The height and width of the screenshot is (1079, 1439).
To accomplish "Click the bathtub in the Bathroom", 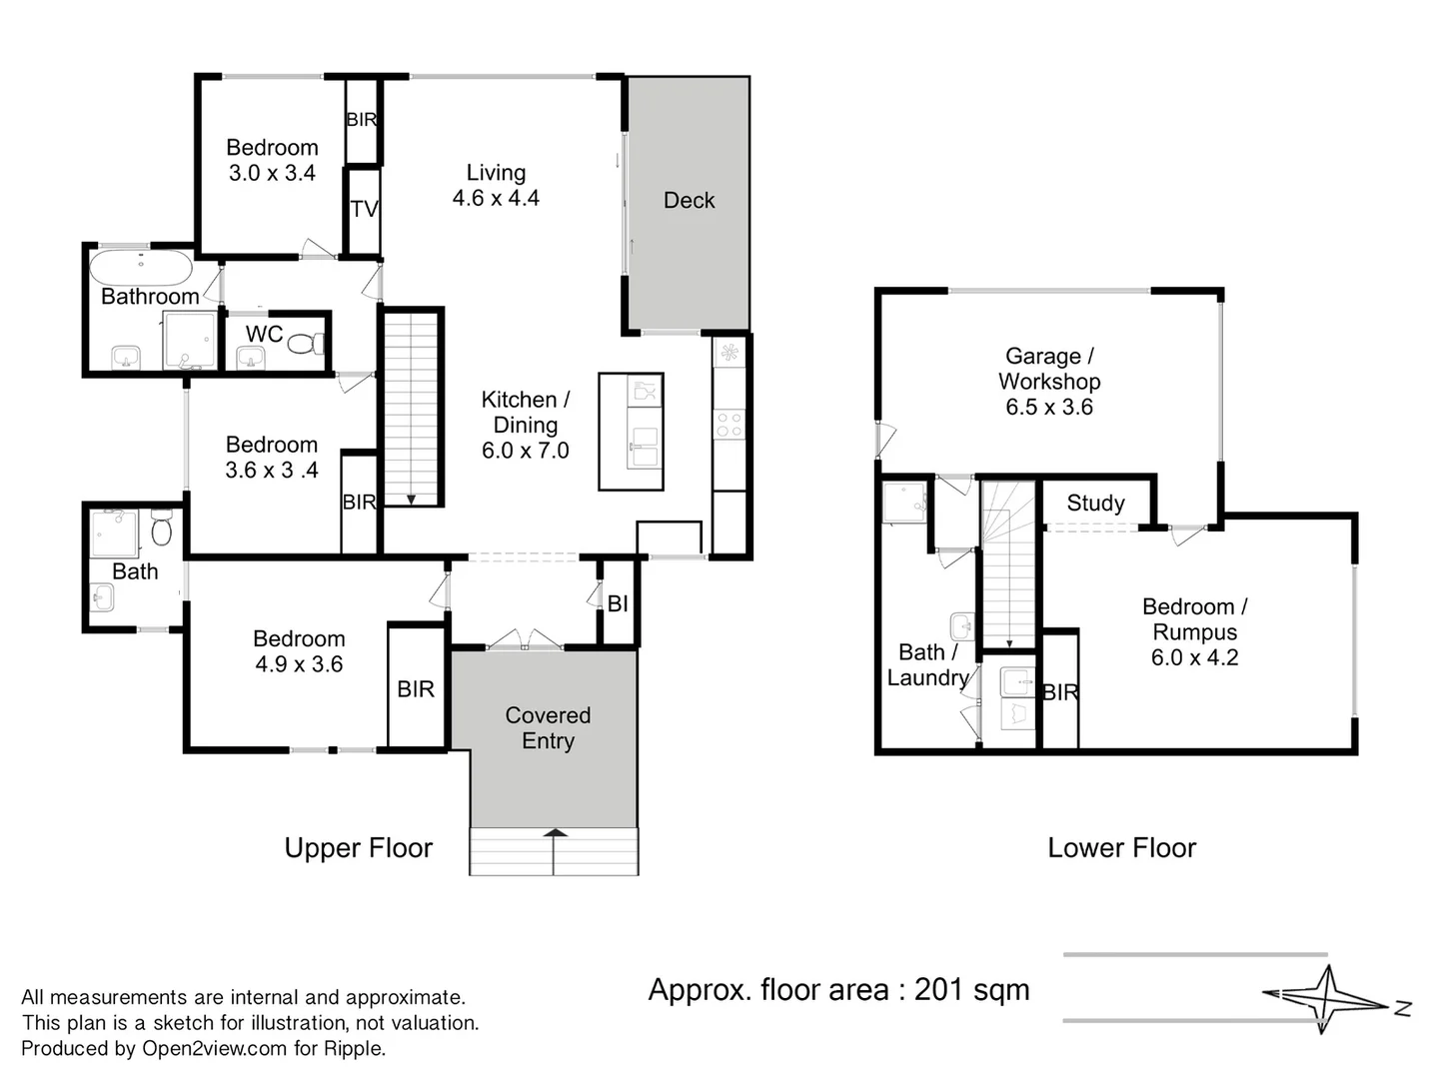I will coord(141,267).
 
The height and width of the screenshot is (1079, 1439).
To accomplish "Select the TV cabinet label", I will coord(364,209).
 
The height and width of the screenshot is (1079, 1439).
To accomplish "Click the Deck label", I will coord(689,201).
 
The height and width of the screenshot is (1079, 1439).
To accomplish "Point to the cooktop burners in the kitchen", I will coord(729,425).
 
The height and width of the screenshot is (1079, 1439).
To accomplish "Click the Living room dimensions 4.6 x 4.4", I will coord(496,198).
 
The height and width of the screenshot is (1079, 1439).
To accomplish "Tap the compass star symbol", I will coord(1326,999).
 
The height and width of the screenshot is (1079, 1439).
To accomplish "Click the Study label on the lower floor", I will coord(1095,503).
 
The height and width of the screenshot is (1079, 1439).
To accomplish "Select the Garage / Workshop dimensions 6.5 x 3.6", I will coord(1049,407).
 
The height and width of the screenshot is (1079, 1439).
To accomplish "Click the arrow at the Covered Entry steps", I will coord(555,833).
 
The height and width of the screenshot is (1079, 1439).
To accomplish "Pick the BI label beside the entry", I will coord(618,603).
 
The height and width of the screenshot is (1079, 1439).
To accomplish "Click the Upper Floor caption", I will coord(358,848).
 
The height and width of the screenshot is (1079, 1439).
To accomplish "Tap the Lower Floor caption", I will coord(1121,848).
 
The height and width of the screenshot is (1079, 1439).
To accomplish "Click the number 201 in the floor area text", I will coord(937,990).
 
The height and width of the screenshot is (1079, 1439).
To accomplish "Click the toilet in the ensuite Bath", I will coord(162,529).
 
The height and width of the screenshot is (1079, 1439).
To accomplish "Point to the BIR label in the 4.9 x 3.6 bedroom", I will coord(416,689).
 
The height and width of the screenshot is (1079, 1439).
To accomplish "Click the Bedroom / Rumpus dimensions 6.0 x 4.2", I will coord(1194,657).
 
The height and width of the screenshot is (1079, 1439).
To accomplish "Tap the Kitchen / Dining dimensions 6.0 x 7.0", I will coord(526,451).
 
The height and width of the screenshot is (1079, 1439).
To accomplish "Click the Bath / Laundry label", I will coord(927,665).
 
